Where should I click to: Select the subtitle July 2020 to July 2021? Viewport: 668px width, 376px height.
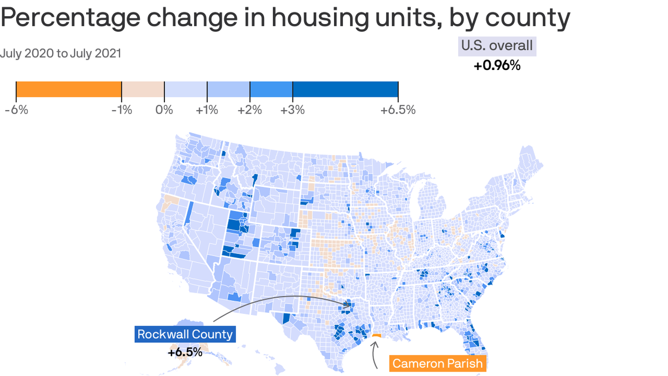coord(60,53)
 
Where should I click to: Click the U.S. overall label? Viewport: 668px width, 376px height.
coord(497,46)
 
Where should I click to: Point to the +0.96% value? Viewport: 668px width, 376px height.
coord(497,65)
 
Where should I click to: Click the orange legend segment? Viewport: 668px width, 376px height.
coord(68,90)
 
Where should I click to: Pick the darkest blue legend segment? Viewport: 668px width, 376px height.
coord(345,90)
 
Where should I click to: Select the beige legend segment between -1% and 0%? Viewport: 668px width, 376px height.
coord(143,90)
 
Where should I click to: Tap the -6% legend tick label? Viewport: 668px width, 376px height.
coord(16,110)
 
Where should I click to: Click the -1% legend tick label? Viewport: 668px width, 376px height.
coord(122,110)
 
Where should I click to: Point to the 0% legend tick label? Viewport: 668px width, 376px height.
coord(164,110)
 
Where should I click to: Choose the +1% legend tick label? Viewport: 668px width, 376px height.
coord(207,110)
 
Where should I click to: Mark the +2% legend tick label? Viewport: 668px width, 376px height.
coord(249,110)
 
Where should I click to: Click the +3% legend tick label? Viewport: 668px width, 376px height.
coord(292,110)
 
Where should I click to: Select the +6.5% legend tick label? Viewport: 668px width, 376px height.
coord(398,110)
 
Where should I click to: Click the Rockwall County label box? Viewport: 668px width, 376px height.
coord(185,334)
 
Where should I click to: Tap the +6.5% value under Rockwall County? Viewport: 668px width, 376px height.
coord(185,352)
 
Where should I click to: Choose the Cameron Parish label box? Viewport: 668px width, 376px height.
coord(438,363)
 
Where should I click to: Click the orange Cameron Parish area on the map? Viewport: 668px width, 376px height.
coord(376,336)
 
